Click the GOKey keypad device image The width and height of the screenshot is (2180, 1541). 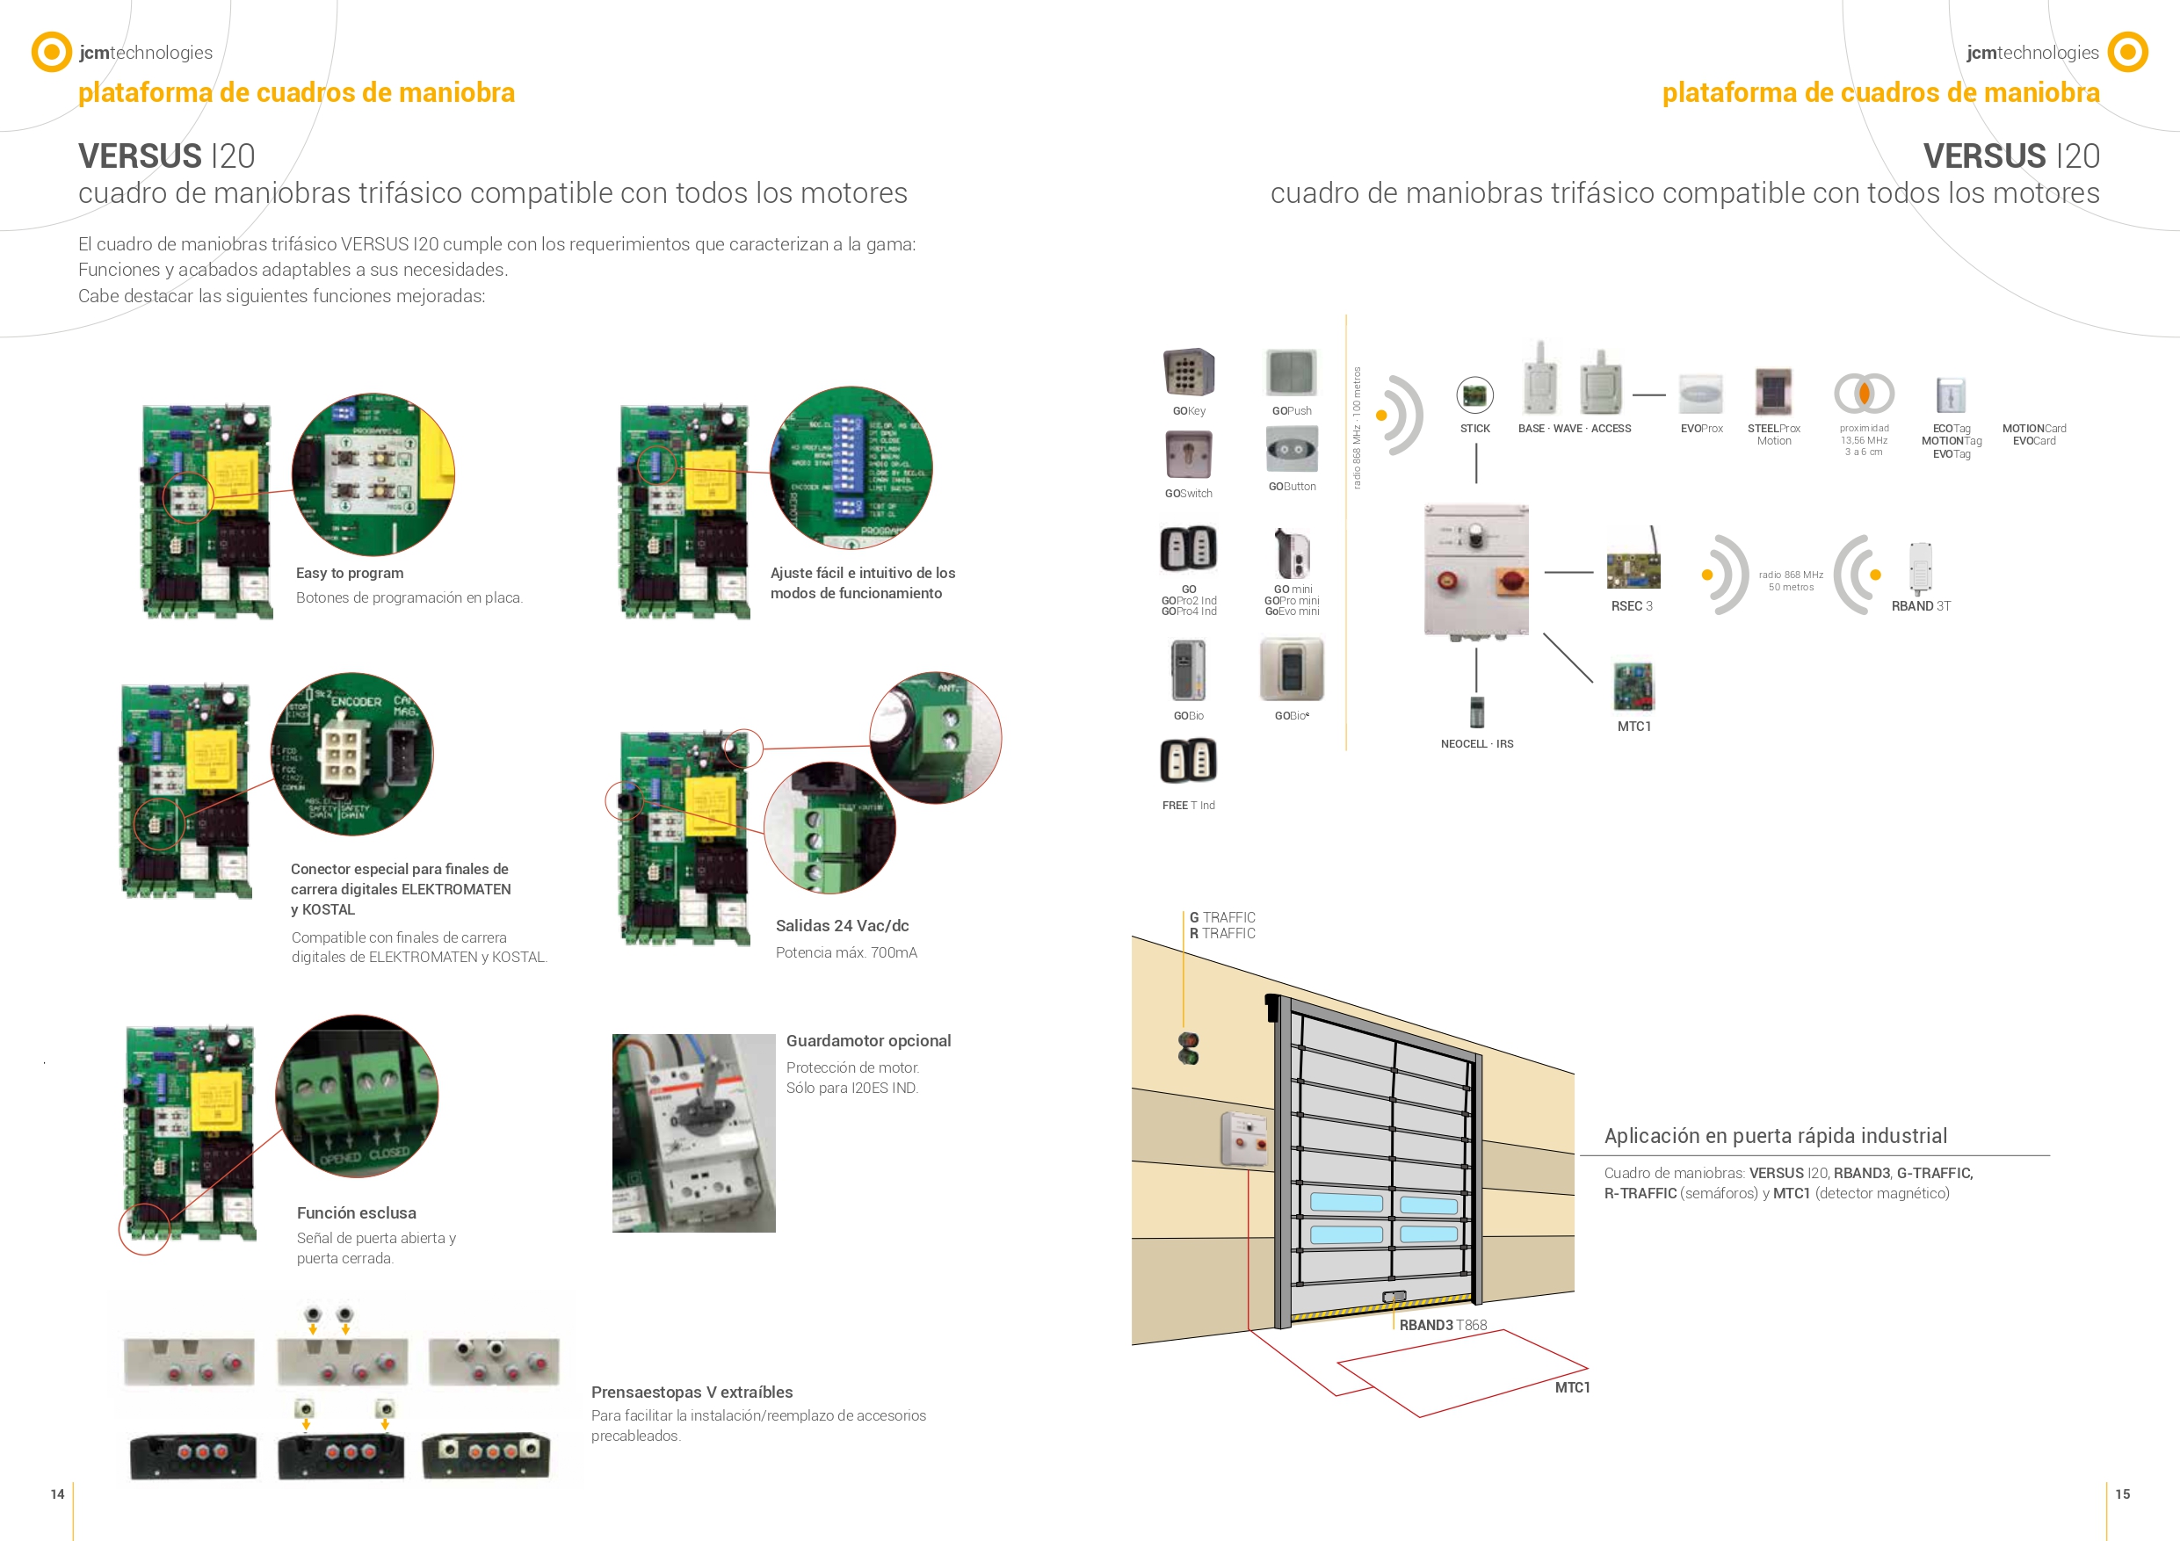[1188, 373]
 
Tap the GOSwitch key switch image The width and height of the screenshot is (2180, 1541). [1188, 456]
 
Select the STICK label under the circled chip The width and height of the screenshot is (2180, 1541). [1474, 429]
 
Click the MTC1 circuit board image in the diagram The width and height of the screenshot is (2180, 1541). [1633, 686]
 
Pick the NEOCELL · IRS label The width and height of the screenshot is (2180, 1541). [1476, 744]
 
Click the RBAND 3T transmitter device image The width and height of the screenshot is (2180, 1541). [1920, 567]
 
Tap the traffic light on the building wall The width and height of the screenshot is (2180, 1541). [1188, 1048]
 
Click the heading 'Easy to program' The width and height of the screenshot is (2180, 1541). [350, 574]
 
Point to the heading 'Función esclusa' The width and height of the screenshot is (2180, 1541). [356, 1213]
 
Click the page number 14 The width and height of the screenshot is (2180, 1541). [57, 1494]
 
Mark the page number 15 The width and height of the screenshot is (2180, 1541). [2122, 1494]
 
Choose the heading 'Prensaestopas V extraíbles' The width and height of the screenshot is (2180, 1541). [692, 1393]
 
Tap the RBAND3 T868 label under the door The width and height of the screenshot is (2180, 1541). [1442, 1326]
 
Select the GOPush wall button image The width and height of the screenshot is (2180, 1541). [1292, 373]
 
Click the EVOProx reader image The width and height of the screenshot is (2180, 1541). [1700, 393]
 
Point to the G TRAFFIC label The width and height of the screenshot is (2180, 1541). [1222, 918]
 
